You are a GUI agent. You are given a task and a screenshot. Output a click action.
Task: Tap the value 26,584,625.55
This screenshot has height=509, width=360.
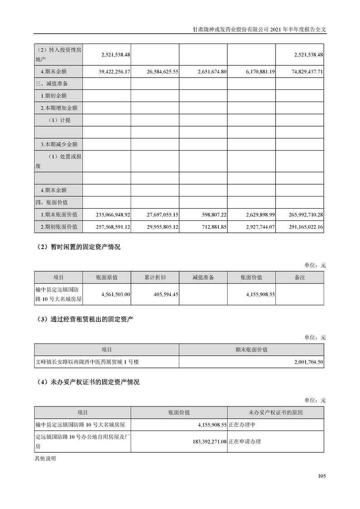tap(156, 72)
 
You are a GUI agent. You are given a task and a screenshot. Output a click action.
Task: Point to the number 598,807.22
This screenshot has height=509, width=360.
tap(210, 214)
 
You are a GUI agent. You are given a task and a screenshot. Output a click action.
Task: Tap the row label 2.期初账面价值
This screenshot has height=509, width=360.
tap(58, 226)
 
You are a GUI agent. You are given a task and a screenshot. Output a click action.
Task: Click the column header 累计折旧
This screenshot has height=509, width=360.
tap(155, 277)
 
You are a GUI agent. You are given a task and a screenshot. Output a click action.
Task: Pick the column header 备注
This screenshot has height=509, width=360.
tap(300, 277)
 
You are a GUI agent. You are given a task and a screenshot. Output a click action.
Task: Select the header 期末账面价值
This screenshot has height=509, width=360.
tap(252, 350)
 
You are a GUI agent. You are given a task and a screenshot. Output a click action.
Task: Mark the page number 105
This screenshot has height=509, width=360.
tap(322, 476)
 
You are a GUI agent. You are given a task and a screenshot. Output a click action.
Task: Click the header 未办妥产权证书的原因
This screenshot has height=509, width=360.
tap(276, 412)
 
